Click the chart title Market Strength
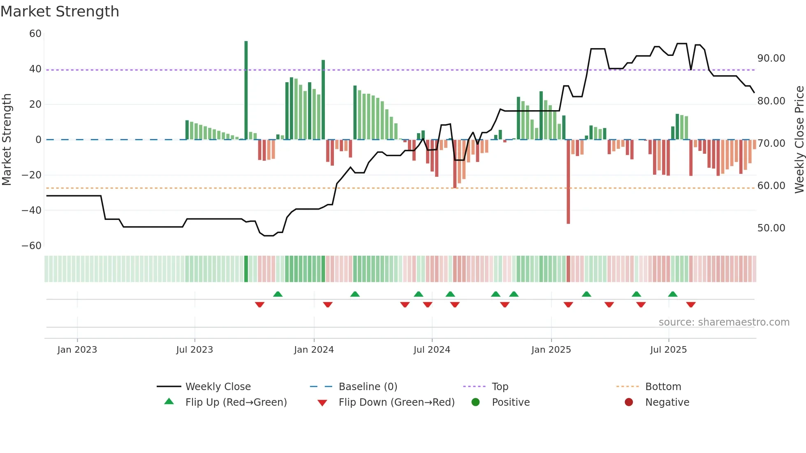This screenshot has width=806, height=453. point(60,12)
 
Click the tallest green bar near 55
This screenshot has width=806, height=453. point(246,90)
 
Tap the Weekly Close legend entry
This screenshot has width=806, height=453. point(218,386)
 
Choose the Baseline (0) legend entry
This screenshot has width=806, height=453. point(368,386)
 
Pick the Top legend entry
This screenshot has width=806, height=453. point(500,386)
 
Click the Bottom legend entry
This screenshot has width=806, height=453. point(663,386)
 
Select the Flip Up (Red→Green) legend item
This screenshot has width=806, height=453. point(236,402)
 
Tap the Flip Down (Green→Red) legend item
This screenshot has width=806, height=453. point(396,402)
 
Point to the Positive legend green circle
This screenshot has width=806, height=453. point(476,402)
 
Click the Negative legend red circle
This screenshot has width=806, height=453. point(629,402)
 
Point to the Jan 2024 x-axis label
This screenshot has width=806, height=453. point(314,350)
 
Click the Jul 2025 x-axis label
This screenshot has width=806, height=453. point(668,350)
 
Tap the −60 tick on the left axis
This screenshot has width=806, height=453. point(32,246)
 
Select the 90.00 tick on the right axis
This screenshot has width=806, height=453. point(771,58)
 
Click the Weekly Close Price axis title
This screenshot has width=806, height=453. point(799,140)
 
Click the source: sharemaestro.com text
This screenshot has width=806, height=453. point(724,322)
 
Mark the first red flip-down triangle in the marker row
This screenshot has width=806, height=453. point(259,305)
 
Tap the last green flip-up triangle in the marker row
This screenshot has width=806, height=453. point(673,294)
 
